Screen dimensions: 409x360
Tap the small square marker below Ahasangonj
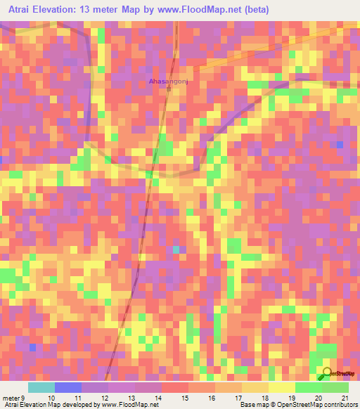click(168, 89)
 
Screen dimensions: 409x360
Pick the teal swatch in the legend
click(41, 387)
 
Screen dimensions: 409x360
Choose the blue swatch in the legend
click(67, 387)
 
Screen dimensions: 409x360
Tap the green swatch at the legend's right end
click(335, 387)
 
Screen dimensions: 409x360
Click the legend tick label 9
click(23, 397)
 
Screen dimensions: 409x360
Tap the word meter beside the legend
click(11, 397)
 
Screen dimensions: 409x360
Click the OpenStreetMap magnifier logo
click(327, 374)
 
